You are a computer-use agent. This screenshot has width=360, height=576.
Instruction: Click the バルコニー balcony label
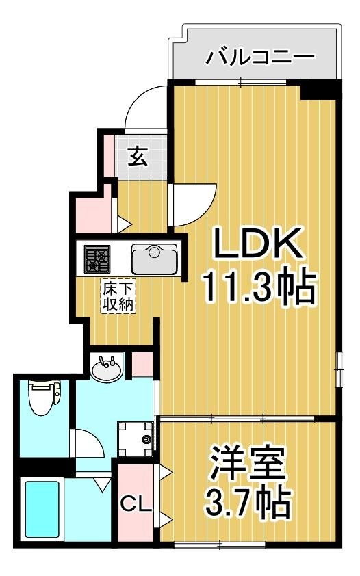click(260, 55)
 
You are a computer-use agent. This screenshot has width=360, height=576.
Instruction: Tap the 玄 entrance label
click(138, 157)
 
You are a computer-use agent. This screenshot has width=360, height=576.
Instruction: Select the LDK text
click(257, 244)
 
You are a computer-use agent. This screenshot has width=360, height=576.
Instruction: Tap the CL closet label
click(135, 505)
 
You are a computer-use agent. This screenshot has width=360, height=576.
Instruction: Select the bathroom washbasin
click(107, 369)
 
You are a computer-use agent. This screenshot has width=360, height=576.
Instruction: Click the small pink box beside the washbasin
click(142, 363)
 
